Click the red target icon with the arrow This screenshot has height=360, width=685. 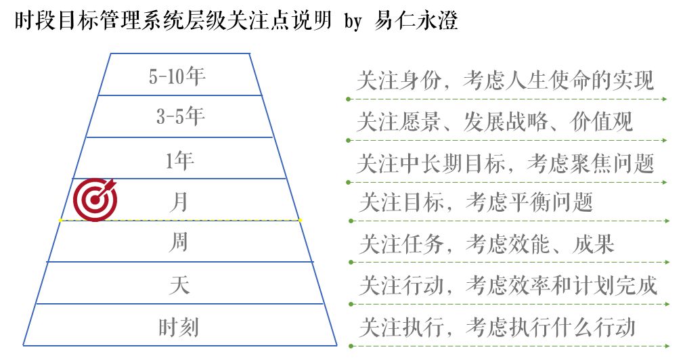pyautogui.click(x=95, y=200)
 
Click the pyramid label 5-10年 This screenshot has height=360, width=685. pyautogui.click(x=177, y=76)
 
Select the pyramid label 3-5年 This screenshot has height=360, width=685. pyautogui.click(x=181, y=116)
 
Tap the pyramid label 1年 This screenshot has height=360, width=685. pyautogui.click(x=179, y=160)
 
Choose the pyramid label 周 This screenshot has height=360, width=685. pyautogui.click(x=179, y=242)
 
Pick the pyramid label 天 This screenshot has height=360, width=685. pyautogui.click(x=179, y=285)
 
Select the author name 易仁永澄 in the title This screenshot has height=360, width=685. pyautogui.click(x=416, y=20)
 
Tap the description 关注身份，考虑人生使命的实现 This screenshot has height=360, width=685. pyautogui.click(x=505, y=80)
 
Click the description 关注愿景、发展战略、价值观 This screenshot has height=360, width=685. pyautogui.click(x=495, y=121)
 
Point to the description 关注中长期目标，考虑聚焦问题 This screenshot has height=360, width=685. pyautogui.click(x=505, y=163)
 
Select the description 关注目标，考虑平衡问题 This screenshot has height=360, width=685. pyautogui.click(x=476, y=202)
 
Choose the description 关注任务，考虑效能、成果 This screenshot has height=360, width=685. pyautogui.click(x=487, y=244)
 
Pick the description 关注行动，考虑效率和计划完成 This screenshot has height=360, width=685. pyautogui.click(x=508, y=286)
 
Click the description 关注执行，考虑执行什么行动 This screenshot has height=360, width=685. pyautogui.click(x=497, y=328)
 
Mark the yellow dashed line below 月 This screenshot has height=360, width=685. pyautogui.click(x=180, y=220)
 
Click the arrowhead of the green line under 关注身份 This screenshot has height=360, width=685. pyautogui.click(x=665, y=99)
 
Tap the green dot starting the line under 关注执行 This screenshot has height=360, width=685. pyautogui.click(x=351, y=346)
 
